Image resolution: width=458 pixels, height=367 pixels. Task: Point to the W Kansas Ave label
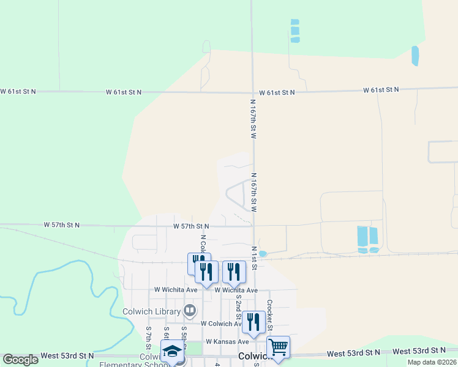click(227, 341)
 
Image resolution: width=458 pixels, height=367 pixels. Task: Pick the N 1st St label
click(253, 256)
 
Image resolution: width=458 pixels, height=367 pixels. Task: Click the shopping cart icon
click(278, 347)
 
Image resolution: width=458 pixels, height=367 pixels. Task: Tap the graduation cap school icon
click(172, 352)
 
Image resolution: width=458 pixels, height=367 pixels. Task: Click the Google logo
click(20, 359)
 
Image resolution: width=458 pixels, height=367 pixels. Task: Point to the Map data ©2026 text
click(432, 362)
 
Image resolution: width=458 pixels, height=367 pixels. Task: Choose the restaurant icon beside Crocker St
click(253, 321)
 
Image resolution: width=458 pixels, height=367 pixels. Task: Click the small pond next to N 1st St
click(263, 254)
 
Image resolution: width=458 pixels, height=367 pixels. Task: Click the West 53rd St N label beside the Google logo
click(67, 355)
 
